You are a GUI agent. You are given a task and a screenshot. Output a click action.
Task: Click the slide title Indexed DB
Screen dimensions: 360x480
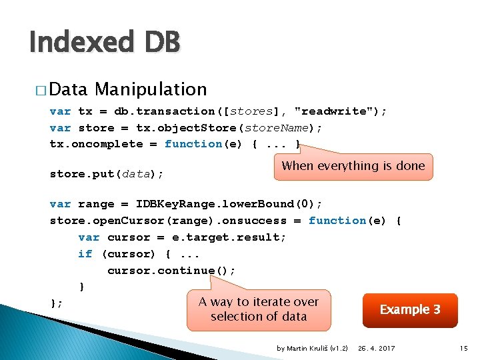(105, 43)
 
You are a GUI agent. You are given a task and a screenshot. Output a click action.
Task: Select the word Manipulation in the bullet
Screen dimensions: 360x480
(151, 89)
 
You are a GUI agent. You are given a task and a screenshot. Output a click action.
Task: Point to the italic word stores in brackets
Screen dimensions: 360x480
(251, 111)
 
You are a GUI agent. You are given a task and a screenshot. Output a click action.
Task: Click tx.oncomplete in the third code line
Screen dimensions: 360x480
(96, 144)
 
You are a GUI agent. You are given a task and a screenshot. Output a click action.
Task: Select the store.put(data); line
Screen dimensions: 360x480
(107, 174)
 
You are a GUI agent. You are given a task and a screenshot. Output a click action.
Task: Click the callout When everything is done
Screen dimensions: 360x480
(353, 166)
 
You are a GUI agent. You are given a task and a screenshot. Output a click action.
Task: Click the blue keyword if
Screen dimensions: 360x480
(85, 254)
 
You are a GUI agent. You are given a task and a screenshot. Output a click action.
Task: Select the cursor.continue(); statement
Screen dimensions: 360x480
(171, 271)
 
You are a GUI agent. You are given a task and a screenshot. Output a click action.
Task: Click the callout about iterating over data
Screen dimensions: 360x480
(258, 309)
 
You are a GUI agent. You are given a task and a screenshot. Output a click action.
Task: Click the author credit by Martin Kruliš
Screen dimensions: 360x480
(312, 348)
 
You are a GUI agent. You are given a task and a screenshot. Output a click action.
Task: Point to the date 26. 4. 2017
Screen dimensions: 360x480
(376, 348)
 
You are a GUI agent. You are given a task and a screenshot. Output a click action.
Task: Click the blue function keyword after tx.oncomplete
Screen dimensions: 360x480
(193, 144)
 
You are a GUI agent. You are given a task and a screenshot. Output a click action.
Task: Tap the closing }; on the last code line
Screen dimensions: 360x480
(57, 303)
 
